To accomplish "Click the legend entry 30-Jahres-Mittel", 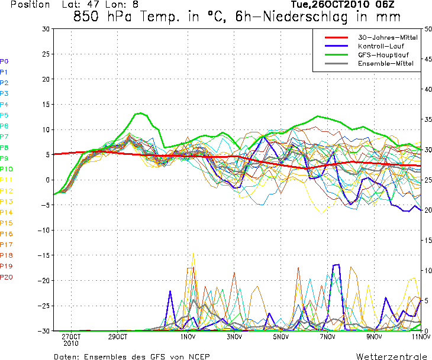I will [388, 37].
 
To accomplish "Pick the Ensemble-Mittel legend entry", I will [384, 63].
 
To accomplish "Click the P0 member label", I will [4, 61].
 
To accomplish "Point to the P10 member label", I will [6, 169].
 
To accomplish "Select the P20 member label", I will [6, 277].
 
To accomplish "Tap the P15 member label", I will [6, 223].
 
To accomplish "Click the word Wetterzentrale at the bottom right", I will [392, 356].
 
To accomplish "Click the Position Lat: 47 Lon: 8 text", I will [75, 5].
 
